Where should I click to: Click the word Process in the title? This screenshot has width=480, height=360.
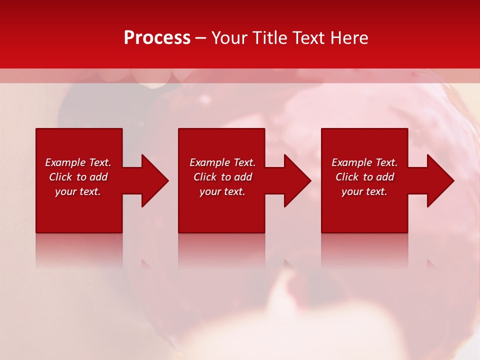point(157,38)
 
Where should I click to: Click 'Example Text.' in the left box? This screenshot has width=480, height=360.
point(78,162)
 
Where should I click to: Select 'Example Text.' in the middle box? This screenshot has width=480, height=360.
point(222,162)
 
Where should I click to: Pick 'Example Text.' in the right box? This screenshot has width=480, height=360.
point(364,162)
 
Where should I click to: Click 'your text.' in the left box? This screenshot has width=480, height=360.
point(78,191)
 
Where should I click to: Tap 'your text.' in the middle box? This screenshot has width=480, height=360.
point(222,191)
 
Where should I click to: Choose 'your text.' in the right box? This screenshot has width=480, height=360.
point(364,191)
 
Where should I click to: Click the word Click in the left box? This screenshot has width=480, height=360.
point(60,177)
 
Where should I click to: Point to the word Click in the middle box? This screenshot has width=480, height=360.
point(205,177)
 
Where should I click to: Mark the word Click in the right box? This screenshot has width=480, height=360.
point(347,177)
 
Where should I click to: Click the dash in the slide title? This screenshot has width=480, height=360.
point(200,38)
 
